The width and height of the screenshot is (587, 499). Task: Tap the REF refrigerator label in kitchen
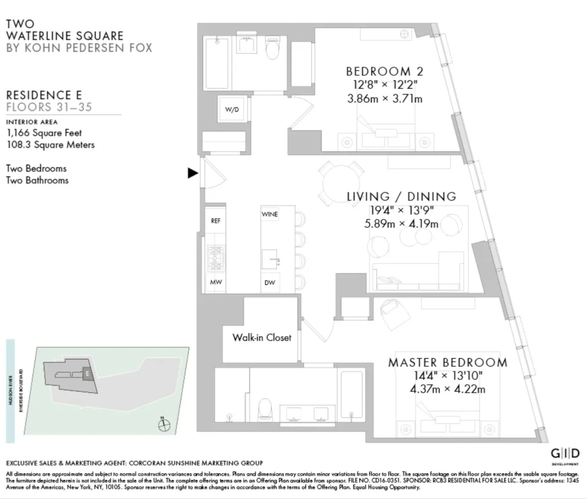click(x=216, y=221)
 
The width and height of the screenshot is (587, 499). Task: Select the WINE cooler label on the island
click(x=270, y=215)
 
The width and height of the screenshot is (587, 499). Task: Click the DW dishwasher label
click(x=270, y=283)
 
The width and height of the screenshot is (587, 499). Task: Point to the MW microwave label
click(x=216, y=282)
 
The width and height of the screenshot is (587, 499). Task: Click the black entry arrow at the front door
click(x=193, y=173)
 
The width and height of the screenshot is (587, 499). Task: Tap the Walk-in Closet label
click(x=262, y=337)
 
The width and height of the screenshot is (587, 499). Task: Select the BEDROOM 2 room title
click(x=384, y=71)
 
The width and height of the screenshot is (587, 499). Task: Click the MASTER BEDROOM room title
click(x=447, y=362)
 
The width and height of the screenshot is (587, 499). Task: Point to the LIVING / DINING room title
click(x=401, y=196)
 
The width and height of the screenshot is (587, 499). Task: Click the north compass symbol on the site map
click(x=164, y=425)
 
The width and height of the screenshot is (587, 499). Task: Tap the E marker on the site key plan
click(x=87, y=373)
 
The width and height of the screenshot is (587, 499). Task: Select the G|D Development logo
click(x=565, y=455)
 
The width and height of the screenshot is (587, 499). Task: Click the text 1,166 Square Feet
click(x=44, y=133)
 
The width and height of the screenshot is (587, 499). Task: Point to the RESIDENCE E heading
click(x=43, y=95)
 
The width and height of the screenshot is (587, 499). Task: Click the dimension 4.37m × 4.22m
click(x=447, y=389)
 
